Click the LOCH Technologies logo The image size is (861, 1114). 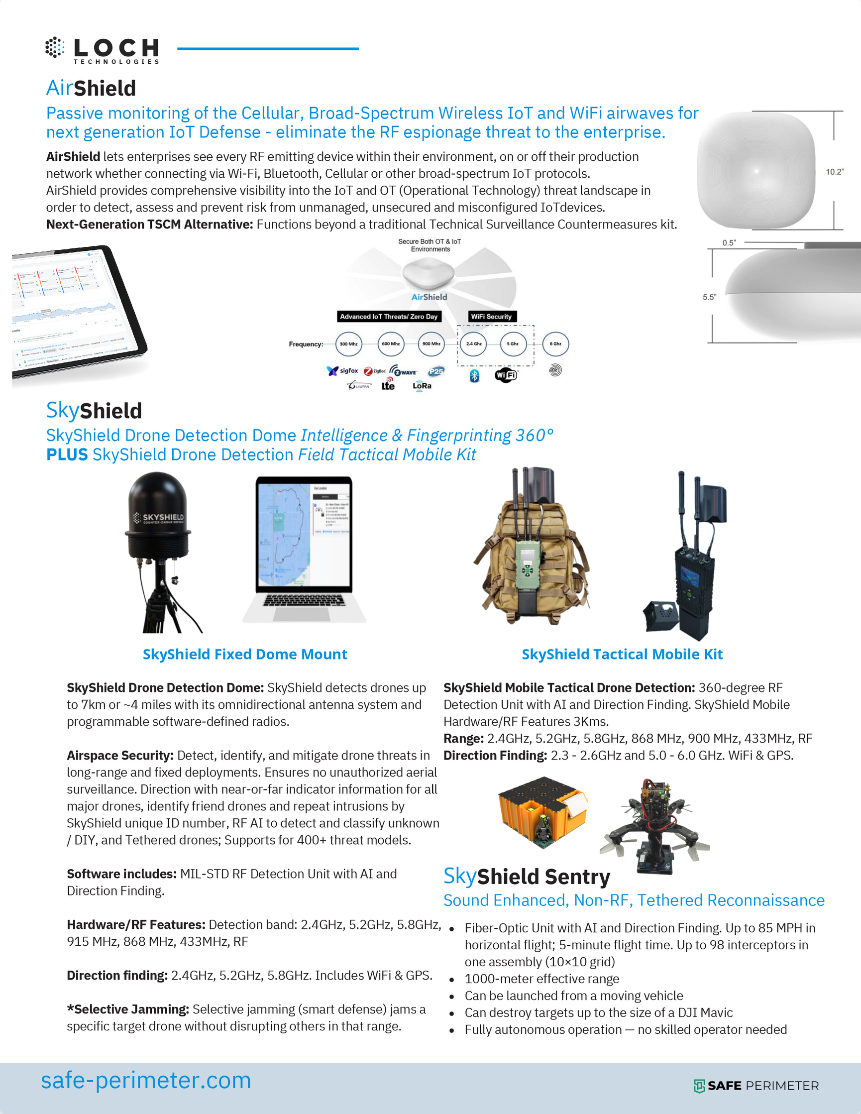102,50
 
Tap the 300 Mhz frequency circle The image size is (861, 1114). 348,344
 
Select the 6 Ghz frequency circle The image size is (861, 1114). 555,344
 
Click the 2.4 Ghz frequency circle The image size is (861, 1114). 473,344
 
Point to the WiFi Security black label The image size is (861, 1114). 491,317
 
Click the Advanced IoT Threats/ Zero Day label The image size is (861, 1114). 389,317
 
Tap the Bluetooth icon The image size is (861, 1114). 474,376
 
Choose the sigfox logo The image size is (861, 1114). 343,371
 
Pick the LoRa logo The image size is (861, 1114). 422,386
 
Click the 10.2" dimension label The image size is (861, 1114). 835,172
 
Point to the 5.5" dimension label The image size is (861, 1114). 710,297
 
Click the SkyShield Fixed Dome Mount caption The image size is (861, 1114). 245,655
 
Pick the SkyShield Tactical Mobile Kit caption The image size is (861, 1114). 622,655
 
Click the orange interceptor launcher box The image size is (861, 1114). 541,811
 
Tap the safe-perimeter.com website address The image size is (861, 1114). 146,1080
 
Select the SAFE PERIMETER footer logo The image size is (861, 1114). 756,1086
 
